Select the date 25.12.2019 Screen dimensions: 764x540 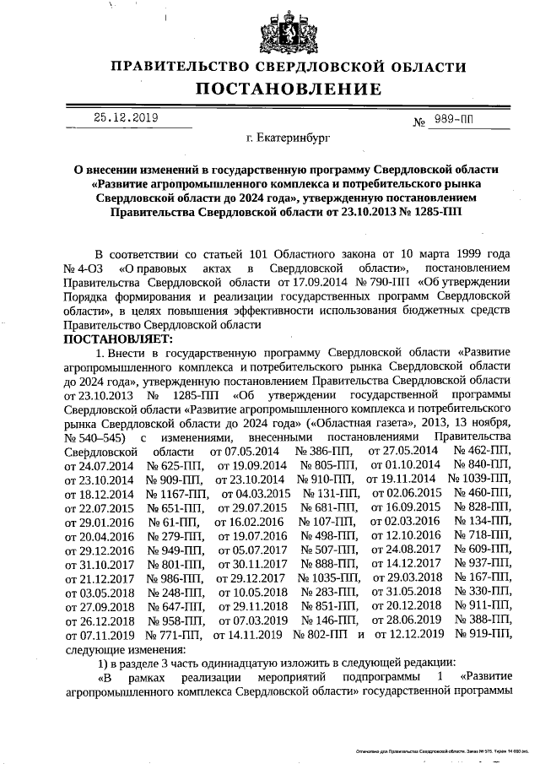(125, 118)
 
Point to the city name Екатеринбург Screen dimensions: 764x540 (289, 136)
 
